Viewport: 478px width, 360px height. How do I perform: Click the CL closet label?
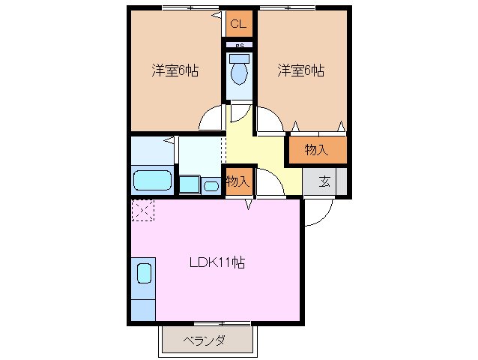coord(238,24)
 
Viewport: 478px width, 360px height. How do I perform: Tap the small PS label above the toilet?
coord(239,46)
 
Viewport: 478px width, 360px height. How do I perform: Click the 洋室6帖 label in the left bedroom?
coord(175,70)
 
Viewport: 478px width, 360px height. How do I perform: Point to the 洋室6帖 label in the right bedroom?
coord(300,70)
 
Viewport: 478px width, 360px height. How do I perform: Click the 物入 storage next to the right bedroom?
coord(317,149)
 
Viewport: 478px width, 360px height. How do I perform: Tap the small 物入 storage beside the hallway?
coord(238,181)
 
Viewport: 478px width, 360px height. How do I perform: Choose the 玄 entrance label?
coord(325,181)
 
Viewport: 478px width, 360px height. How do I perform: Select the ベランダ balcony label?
coord(205,340)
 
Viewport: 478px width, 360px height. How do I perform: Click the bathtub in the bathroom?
coord(153,181)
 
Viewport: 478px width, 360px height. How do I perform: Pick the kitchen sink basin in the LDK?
coord(144,271)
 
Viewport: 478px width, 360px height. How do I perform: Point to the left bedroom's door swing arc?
coord(211,120)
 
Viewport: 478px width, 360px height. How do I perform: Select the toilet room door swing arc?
coord(239,113)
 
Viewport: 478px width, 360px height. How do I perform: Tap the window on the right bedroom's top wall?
coord(288,7)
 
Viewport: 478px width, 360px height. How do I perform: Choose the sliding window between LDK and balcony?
coord(221,324)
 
